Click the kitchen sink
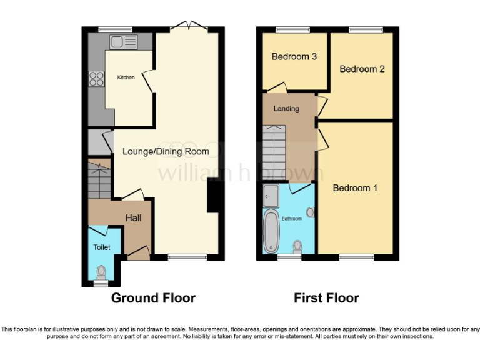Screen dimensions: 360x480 tap(123, 42)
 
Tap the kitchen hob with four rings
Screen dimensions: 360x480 tap(97, 79)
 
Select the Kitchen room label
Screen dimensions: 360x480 tap(126, 77)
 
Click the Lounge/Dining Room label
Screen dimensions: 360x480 tap(166, 151)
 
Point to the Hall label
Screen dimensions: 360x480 tap(134, 218)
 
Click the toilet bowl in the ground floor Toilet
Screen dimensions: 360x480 tap(101, 271)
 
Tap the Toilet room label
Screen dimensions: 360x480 tap(101, 247)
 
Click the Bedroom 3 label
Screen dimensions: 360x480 tap(294, 57)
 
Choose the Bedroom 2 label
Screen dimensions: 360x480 tap(362, 69)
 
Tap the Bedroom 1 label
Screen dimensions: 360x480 tap(354, 188)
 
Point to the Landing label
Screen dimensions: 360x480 tap(286, 108)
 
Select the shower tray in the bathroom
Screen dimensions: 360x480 tap(272, 195)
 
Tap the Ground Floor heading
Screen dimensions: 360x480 tap(153, 298)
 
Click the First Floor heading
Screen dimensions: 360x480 tap(326, 298)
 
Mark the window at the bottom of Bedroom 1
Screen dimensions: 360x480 tap(356, 257)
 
